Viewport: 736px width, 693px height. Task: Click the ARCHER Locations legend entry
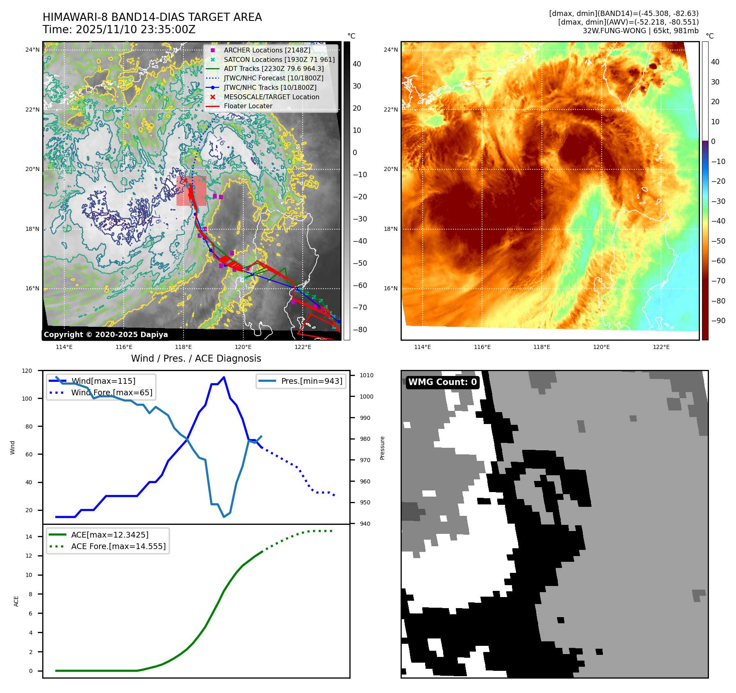pos(267,50)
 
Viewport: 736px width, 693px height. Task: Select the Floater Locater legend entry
pos(248,106)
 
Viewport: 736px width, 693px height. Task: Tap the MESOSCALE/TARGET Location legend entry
pos(271,97)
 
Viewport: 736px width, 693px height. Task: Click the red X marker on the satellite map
pos(185,180)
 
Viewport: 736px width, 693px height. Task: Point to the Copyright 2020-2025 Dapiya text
pos(106,335)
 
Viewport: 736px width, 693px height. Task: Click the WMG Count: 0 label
pos(442,382)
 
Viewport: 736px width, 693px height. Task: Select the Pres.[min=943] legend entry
pos(311,381)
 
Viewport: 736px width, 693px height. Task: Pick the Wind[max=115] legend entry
pos(103,381)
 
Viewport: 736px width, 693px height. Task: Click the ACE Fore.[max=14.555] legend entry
pos(118,546)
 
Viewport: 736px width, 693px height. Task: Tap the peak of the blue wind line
pos(224,377)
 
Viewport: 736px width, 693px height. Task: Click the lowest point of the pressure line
pos(224,517)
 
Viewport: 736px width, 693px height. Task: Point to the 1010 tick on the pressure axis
pos(366,375)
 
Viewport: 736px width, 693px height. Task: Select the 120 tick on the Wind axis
pos(27,371)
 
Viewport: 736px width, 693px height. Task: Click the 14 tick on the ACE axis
pos(29,537)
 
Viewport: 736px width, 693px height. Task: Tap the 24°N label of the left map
pos(33,50)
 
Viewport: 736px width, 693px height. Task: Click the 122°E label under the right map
pos(661,347)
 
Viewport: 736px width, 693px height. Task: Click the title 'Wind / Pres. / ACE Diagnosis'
pos(196,358)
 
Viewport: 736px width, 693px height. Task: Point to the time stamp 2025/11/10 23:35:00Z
pos(136,30)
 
